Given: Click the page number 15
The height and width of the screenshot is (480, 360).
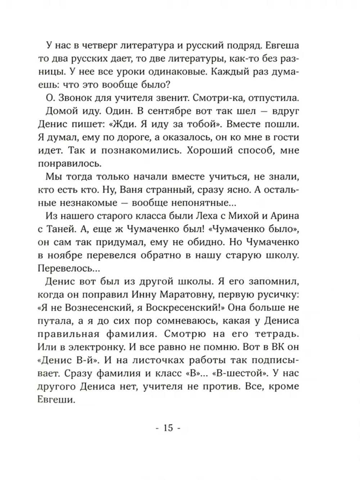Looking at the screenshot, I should pos(168,428).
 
